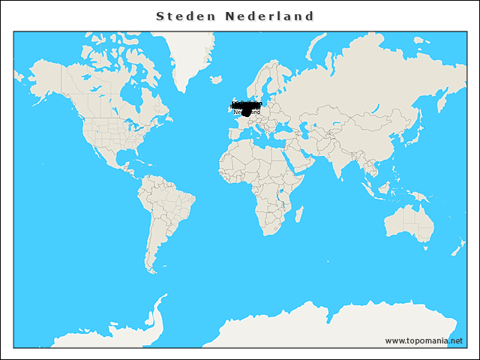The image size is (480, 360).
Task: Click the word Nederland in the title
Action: (269, 16)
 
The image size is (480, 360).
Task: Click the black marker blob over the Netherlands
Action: (246, 112)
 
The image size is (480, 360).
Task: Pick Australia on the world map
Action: (409, 223)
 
